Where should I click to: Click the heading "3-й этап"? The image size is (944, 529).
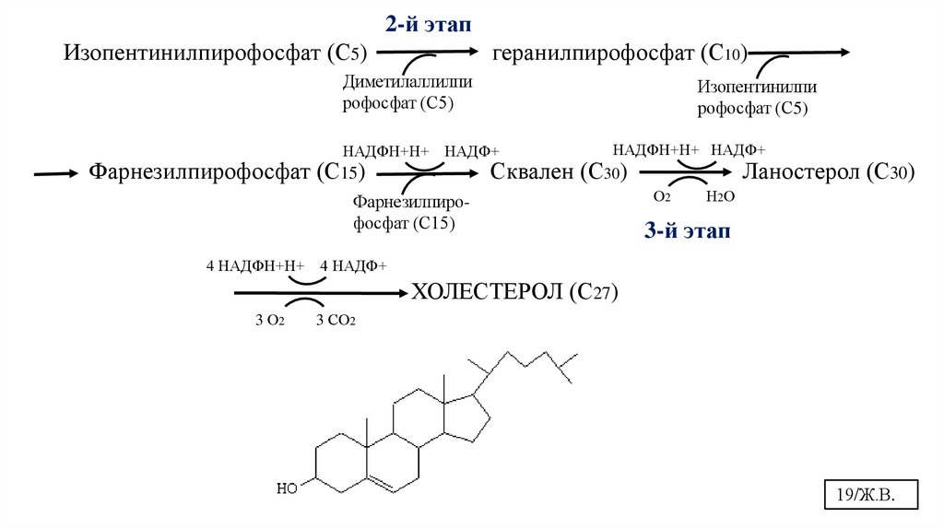(x=686, y=231)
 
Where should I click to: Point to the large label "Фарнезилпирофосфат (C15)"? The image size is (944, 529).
(x=227, y=172)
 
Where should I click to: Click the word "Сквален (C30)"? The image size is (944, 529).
(x=559, y=172)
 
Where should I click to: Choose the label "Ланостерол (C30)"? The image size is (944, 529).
(x=829, y=172)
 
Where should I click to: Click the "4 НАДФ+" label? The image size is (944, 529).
(x=353, y=266)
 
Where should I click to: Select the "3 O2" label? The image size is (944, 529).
(x=269, y=321)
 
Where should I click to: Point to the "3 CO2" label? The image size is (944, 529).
(x=336, y=321)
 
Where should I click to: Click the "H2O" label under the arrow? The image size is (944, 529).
(x=719, y=197)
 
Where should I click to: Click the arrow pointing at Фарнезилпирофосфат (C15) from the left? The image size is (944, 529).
(x=55, y=172)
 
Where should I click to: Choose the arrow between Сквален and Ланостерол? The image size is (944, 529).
(x=686, y=172)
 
